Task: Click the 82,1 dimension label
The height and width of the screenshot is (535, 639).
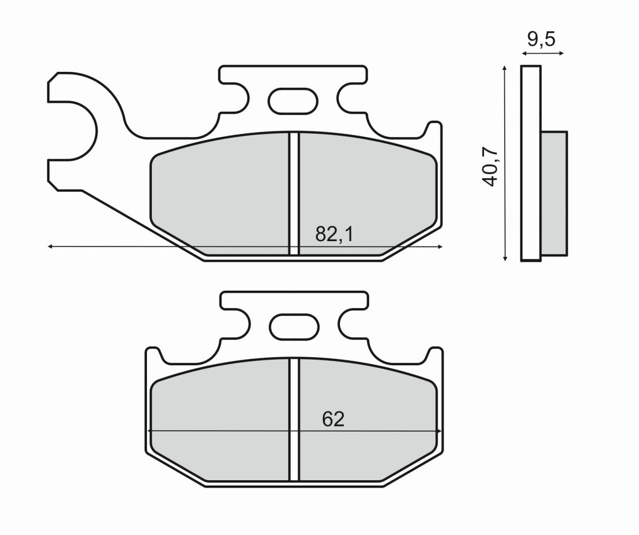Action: (x=334, y=234)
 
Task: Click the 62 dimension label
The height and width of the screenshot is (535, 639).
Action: (x=333, y=419)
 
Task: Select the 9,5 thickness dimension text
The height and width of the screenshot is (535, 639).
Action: (x=541, y=39)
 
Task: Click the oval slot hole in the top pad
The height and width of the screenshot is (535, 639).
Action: (x=293, y=101)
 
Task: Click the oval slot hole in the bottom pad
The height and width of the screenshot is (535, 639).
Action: (x=293, y=326)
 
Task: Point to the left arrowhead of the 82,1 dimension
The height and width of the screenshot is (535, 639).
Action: (x=50, y=246)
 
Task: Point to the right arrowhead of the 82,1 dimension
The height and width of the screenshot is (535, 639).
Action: (x=440, y=246)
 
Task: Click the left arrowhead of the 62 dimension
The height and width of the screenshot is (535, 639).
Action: (x=150, y=431)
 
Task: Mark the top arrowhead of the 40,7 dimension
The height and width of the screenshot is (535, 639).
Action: (x=504, y=68)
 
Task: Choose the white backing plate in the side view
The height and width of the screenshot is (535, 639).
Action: (x=530, y=163)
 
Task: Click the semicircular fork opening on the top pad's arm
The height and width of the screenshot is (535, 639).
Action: (x=75, y=130)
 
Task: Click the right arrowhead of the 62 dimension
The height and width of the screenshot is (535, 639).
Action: (x=439, y=431)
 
